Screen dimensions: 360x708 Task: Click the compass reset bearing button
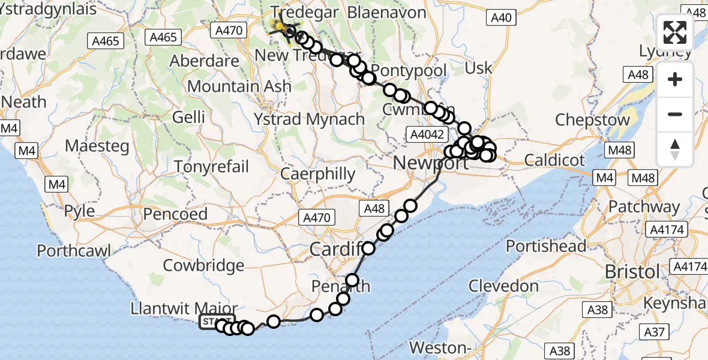pyautogui.click(x=675, y=149)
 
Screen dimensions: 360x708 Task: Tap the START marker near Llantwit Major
pyautogui.click(x=217, y=322)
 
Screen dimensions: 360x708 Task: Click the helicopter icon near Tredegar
pyautogui.click(x=280, y=25)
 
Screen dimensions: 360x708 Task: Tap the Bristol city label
pyautogui.click(x=632, y=272)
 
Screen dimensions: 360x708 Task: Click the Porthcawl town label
pyautogui.click(x=74, y=250)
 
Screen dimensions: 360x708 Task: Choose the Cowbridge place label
pyautogui.click(x=203, y=265)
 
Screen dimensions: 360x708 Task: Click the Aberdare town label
pyautogui.click(x=205, y=61)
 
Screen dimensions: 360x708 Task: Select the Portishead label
pyautogui.click(x=546, y=246)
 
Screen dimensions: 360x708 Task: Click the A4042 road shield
pyautogui.click(x=425, y=134)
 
